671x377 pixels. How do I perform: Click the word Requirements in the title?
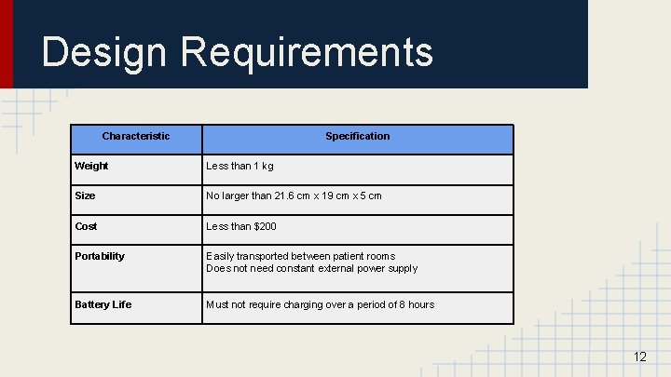[x=307, y=52]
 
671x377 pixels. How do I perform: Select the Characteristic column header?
[x=135, y=137]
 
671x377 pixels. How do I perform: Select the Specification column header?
[x=357, y=137]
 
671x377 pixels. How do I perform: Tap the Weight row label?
[x=91, y=167]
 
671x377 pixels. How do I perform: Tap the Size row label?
[x=85, y=196]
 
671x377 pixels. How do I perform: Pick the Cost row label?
[x=86, y=226]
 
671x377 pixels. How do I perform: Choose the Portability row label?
[x=100, y=256]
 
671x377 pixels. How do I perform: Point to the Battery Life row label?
[x=103, y=304]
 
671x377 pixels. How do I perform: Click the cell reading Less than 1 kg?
[x=240, y=167]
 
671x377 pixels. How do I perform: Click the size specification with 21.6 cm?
[x=294, y=196]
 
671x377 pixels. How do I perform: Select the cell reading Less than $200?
[x=241, y=226]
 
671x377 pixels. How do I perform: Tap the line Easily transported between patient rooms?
[x=300, y=256]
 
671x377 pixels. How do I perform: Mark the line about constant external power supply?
[x=311, y=268]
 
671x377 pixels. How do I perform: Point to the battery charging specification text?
[x=320, y=304]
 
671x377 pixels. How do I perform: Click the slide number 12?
[x=639, y=357]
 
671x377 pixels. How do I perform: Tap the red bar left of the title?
[x=7, y=44]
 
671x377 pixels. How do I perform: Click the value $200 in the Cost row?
[x=265, y=226]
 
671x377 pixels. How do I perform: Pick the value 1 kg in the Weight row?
[x=264, y=167]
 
